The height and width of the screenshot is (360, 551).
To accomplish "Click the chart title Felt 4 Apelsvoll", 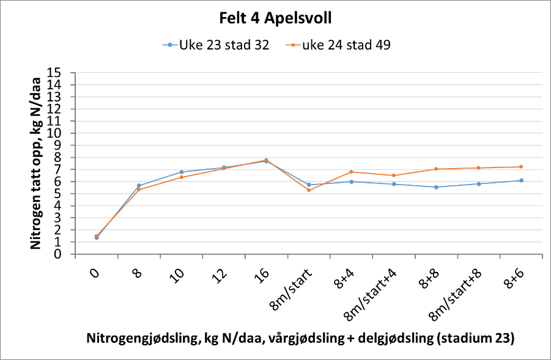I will [x=275, y=18].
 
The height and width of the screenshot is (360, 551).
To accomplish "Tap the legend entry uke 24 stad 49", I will [x=346, y=45].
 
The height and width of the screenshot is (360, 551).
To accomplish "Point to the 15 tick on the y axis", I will [x=64, y=73].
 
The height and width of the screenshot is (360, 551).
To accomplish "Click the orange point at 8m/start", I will [x=309, y=190].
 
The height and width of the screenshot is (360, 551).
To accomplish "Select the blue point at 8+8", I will [x=436, y=187].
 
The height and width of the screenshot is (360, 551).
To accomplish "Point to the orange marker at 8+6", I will [x=521, y=167].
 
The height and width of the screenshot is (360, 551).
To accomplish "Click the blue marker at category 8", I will [x=139, y=186].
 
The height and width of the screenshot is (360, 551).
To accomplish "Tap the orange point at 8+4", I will [x=351, y=172].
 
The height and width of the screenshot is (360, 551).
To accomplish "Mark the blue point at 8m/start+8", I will [x=479, y=184].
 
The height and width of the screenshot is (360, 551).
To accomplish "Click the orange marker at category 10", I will [x=182, y=177].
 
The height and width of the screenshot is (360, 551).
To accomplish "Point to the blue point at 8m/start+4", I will [x=394, y=184].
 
